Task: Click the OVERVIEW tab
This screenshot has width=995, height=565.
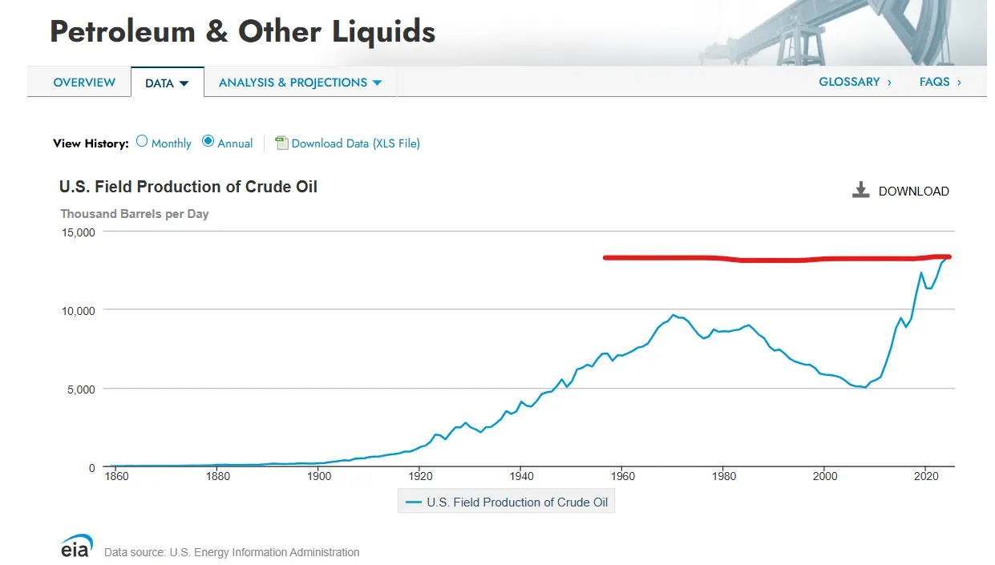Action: tap(84, 83)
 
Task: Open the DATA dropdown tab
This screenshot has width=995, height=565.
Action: tap(167, 83)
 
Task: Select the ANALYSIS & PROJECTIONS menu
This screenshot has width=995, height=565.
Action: tap(300, 83)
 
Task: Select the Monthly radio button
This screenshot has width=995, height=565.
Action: tap(142, 142)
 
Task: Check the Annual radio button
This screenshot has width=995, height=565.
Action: tap(208, 142)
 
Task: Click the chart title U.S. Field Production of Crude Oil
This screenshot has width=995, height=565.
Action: tap(188, 187)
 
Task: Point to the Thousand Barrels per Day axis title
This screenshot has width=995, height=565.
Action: tap(135, 214)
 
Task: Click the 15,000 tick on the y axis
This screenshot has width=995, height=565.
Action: tap(79, 232)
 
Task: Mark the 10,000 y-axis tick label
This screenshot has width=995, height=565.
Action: tap(79, 310)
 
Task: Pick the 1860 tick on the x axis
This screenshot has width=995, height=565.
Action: tap(116, 476)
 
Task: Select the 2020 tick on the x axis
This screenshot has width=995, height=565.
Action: tap(925, 476)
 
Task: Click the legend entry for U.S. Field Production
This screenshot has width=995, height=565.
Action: tap(507, 502)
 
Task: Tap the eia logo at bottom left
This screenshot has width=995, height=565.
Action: tap(77, 546)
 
